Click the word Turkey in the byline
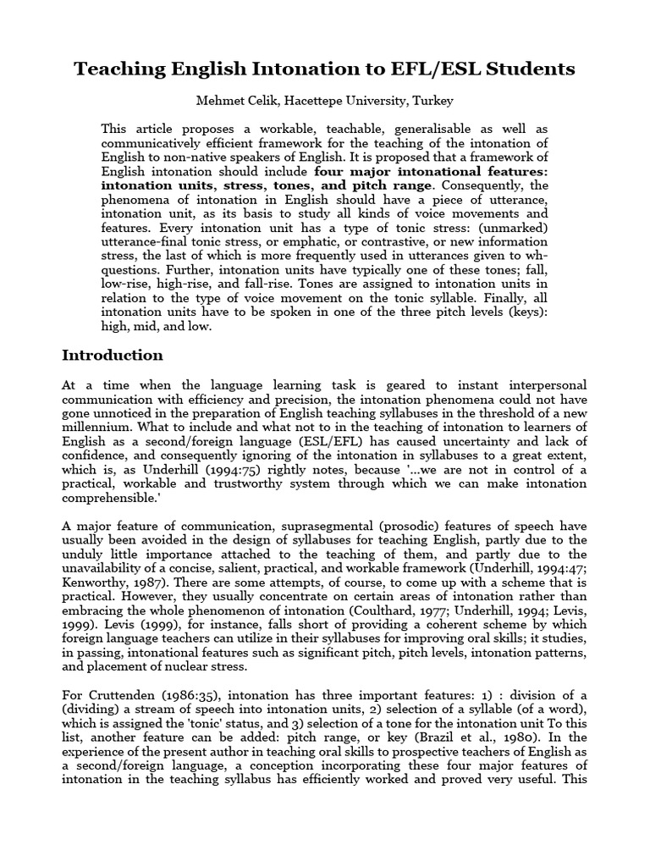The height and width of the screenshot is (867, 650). (433, 102)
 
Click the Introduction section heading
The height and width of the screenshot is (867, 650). (113, 355)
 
